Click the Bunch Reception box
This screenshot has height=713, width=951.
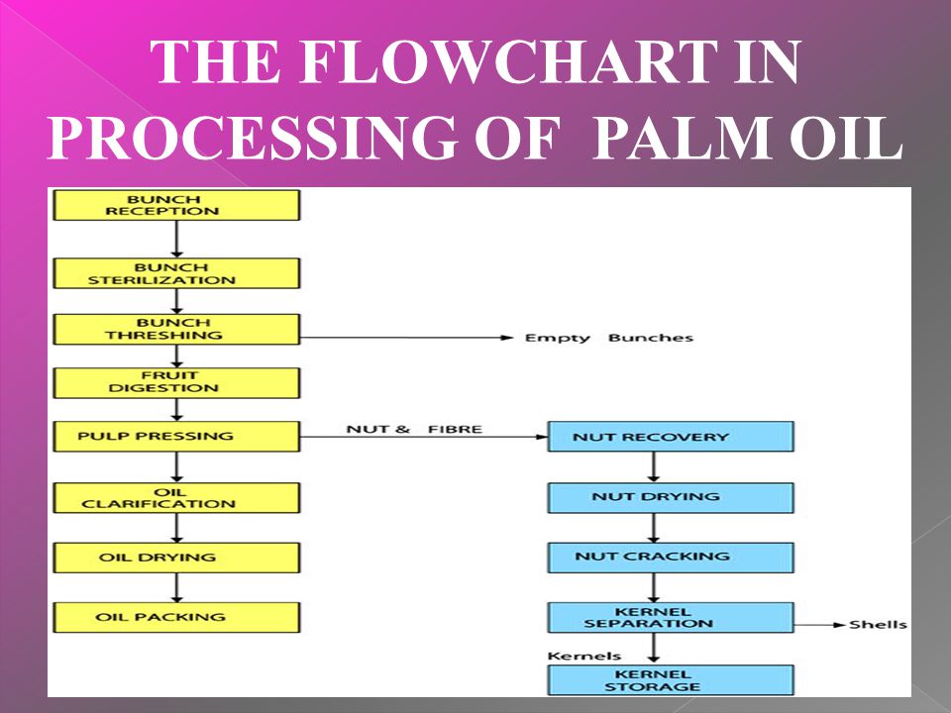(x=175, y=205)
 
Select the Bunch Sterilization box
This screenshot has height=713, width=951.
(x=175, y=273)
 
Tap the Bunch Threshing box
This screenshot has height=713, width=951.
(x=175, y=329)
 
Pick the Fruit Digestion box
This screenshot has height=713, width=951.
(x=175, y=382)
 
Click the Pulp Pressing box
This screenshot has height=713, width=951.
(x=175, y=436)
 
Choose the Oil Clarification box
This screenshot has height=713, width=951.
(x=175, y=497)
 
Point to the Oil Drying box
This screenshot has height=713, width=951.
(x=175, y=557)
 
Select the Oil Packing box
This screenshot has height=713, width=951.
(x=175, y=617)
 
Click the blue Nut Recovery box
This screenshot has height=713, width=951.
(x=671, y=437)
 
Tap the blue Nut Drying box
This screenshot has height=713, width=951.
(x=671, y=497)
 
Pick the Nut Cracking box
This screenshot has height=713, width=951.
(x=671, y=557)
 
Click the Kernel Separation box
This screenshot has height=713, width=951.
(x=671, y=617)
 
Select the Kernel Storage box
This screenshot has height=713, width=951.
(x=671, y=679)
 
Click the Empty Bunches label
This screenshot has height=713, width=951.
(x=608, y=338)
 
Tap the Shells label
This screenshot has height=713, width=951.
(x=877, y=625)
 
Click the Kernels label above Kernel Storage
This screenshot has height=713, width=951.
(x=584, y=656)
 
